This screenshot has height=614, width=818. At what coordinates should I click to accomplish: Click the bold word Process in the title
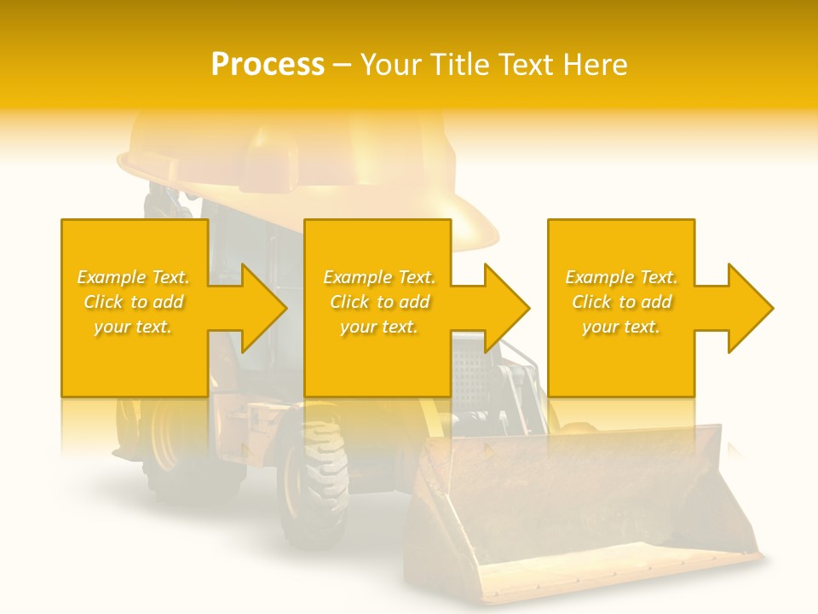[268, 65]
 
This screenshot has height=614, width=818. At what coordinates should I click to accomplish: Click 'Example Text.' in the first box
[133, 277]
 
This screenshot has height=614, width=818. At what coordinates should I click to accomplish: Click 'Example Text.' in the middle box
[378, 277]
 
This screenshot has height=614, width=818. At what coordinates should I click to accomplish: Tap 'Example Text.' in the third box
[621, 277]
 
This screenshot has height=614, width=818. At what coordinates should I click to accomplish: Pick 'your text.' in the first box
[133, 327]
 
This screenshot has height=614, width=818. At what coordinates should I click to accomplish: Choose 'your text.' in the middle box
[378, 327]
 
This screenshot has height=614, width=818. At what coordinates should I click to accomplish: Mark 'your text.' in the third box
[621, 327]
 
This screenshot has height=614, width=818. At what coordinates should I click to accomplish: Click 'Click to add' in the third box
[621, 302]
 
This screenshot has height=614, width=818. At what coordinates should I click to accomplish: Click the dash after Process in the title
[343, 65]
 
